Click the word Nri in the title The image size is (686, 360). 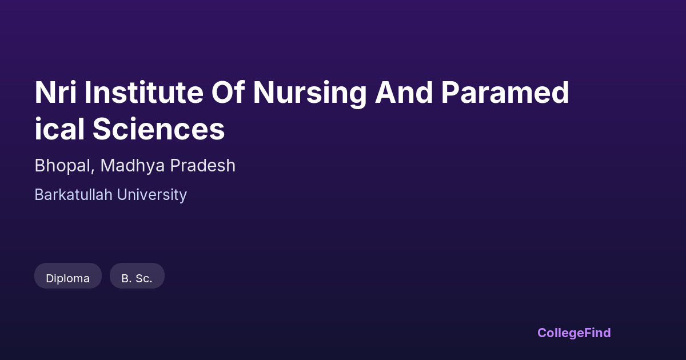coord(55,93)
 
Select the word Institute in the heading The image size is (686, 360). coord(144,93)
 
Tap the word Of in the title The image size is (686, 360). coord(228,93)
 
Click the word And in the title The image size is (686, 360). coord(404,93)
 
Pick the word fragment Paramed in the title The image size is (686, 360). coord(505,93)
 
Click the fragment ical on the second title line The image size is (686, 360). coord(59,129)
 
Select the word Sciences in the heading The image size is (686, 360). coord(159,129)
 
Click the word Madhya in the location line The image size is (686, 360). coord(133,166)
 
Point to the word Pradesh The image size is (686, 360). coord(203,165)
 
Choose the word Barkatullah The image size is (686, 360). coord(74,195)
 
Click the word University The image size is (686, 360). coord(152,195)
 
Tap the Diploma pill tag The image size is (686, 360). coord(68,276)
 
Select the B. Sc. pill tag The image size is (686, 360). coord(137,276)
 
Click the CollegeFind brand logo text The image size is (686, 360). coord(574,333)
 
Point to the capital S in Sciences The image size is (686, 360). coord(102,129)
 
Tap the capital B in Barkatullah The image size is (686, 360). coord(40,195)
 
